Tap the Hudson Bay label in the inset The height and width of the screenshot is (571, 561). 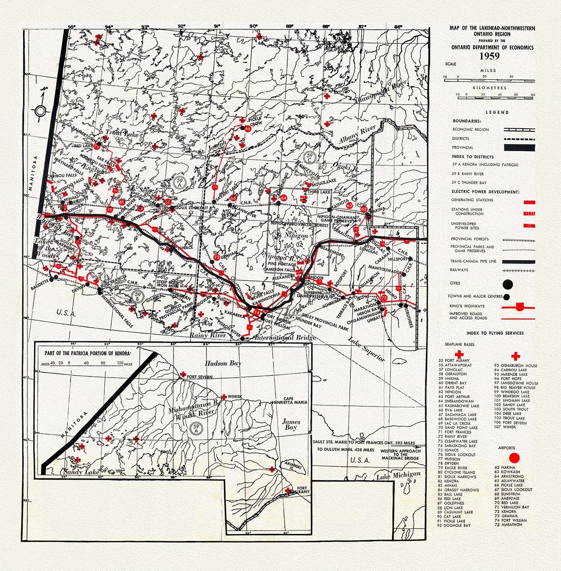click(223, 364)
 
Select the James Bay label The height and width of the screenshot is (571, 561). click(291, 424)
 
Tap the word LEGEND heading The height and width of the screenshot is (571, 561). click(497, 112)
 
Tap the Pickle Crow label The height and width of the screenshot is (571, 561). click(254, 121)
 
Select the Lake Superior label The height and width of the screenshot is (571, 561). click(367, 350)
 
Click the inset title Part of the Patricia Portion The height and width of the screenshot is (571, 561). click(88, 352)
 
